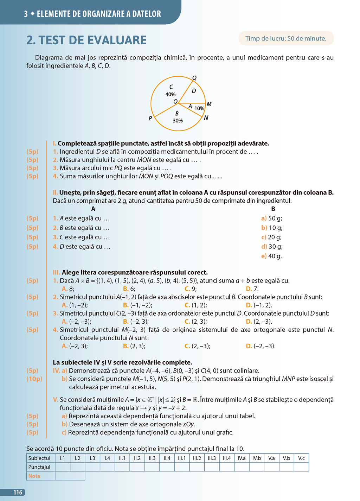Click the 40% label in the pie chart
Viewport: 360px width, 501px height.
click(x=171, y=94)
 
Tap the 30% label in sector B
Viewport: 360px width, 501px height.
click(x=178, y=121)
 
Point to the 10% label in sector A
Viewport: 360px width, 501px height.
click(x=199, y=108)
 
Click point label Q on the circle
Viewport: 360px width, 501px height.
click(x=194, y=78)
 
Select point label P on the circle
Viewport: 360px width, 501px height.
click(x=150, y=118)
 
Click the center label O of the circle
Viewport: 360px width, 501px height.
click(x=175, y=102)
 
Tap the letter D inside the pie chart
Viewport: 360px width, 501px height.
click(x=194, y=91)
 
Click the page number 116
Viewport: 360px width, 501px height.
click(x=18, y=492)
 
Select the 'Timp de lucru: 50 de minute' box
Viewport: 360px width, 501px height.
click(x=286, y=38)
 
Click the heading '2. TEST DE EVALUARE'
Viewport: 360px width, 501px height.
click(x=86, y=40)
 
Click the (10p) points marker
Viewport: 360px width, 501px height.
click(x=34, y=379)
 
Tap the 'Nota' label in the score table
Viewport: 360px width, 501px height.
click(x=34, y=476)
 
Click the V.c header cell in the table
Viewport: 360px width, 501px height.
click(x=301, y=458)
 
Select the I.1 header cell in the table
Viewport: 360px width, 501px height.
click(x=63, y=458)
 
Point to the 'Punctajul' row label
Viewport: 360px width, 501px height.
click(x=39, y=467)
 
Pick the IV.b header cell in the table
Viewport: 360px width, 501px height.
click(x=257, y=458)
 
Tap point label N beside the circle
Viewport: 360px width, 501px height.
click(x=206, y=118)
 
